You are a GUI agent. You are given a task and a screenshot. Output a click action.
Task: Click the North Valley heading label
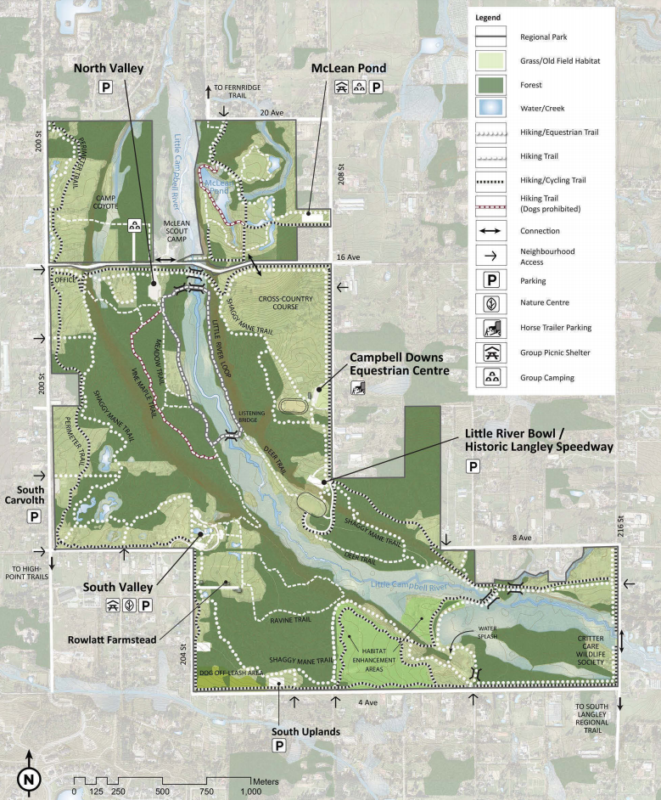click(108, 68)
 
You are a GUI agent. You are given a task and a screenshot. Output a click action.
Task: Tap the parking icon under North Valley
click(107, 87)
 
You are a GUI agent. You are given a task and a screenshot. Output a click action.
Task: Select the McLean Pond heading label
click(349, 68)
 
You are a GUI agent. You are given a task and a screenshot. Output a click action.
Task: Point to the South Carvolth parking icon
click(35, 516)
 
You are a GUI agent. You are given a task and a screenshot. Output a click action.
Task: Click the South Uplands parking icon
click(278, 746)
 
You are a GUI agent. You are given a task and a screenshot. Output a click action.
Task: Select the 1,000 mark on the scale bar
click(251, 792)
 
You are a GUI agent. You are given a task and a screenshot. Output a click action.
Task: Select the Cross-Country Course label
click(286, 302)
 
